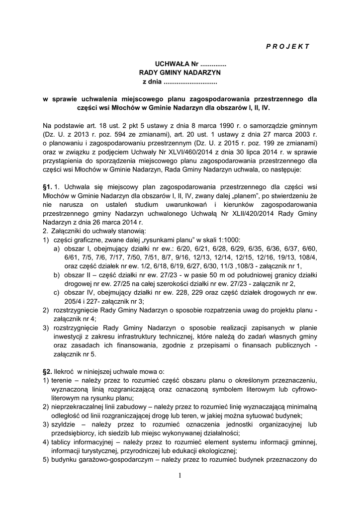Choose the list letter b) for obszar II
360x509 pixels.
coord(58,275)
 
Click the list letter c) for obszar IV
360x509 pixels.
coord(58,293)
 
